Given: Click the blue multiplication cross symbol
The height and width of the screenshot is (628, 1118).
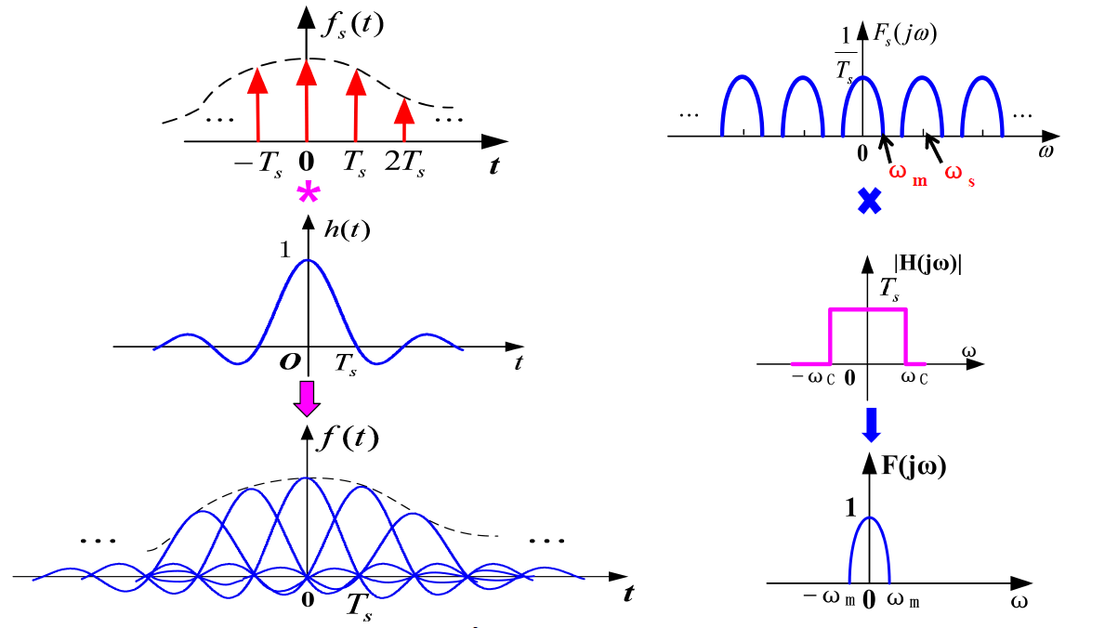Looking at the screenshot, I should [x=868, y=200].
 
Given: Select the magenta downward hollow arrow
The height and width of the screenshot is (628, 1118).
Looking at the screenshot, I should [x=306, y=398].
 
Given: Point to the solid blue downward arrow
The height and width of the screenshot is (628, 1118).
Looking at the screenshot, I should [x=870, y=424].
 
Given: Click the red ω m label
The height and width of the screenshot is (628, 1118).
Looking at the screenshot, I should [x=908, y=174].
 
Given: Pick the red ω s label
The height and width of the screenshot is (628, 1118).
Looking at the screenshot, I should [x=960, y=174].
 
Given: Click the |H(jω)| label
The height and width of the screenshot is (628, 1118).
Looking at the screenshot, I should [x=919, y=264].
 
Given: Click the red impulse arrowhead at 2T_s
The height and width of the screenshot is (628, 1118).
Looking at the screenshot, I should [x=403, y=111].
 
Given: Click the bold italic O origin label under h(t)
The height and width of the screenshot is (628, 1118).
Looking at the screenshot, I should [x=288, y=360].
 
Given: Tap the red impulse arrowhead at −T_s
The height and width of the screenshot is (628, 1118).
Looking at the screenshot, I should [x=257, y=82].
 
